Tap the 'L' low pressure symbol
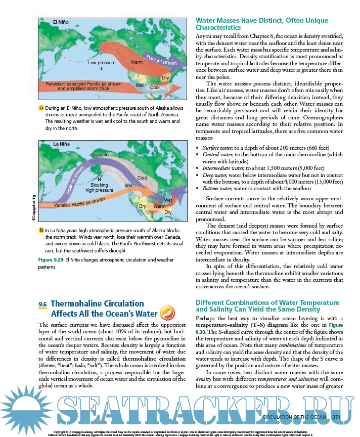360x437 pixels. pos(102,68)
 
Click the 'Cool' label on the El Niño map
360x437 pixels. pos(155,87)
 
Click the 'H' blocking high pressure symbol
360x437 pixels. pos(99,179)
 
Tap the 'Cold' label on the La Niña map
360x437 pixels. pos(142,178)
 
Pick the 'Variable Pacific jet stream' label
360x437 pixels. pos(79,203)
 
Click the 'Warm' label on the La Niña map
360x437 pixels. pos(159,206)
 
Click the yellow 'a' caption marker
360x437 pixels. pos(41,109)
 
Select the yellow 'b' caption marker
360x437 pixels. pos(41,230)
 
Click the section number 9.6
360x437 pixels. pos(42,304)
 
